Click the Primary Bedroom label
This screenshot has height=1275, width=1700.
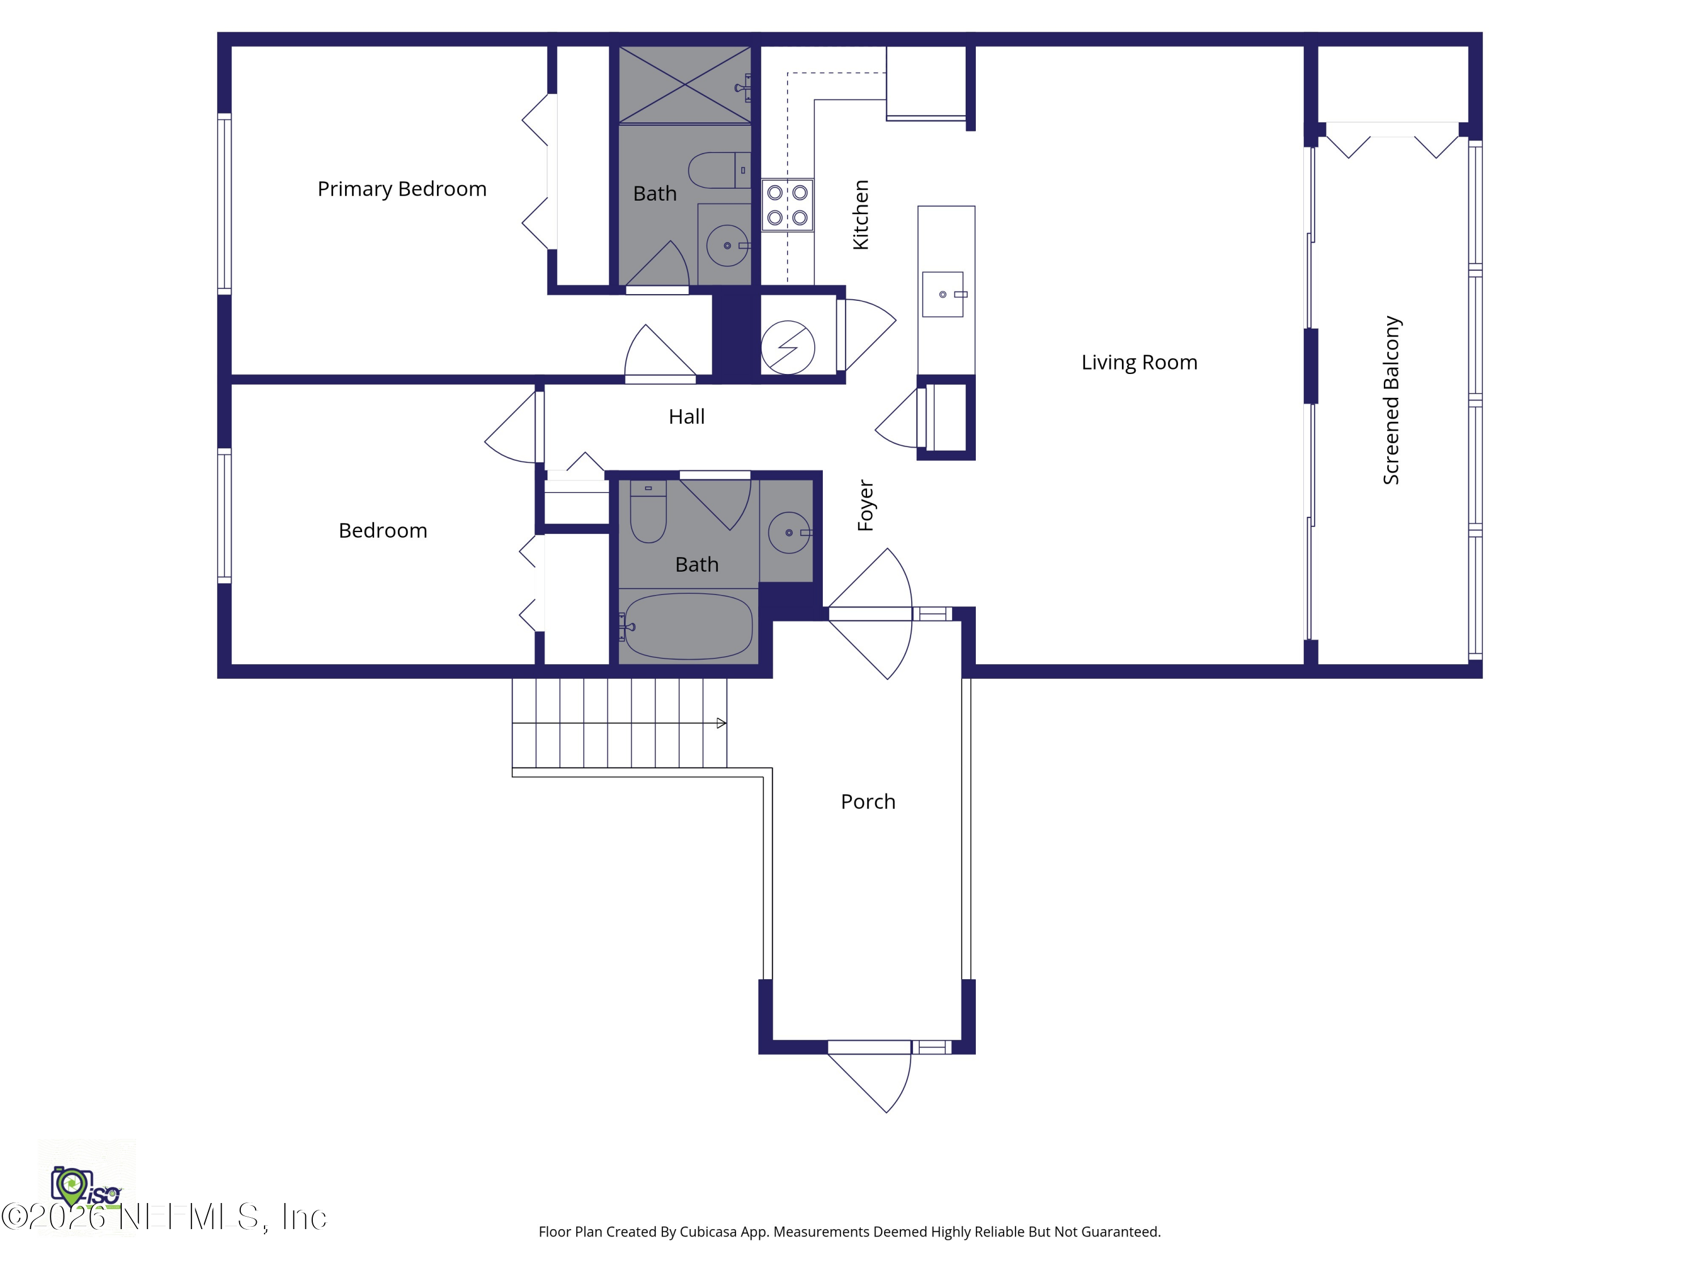point(402,189)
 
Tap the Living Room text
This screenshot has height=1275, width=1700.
point(1139,363)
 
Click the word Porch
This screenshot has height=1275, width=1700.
point(868,802)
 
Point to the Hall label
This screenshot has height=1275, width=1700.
point(686,417)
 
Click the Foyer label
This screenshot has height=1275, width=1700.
point(866,505)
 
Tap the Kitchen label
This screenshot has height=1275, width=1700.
point(861,215)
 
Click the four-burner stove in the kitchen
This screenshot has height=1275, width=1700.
point(787,205)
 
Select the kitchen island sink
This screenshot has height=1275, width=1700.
point(943,294)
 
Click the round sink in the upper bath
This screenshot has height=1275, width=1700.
point(727,246)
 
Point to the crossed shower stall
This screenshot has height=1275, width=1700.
point(685,84)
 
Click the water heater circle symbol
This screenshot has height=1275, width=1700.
point(788,347)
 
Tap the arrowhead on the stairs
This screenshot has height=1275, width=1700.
point(721,723)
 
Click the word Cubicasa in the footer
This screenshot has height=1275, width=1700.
point(708,1232)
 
